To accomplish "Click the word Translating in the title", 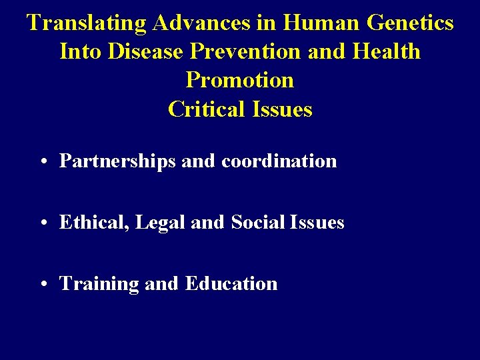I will point(87,23).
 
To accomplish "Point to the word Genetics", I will point(410,23).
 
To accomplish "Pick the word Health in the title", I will point(389,51).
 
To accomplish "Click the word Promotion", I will point(240,80).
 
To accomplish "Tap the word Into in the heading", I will point(79,51).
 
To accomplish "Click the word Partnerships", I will point(117,161).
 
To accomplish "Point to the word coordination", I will point(279,161).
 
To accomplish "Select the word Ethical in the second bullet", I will point(95,223).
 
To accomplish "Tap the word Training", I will point(99,284).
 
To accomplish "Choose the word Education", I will point(231,284).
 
